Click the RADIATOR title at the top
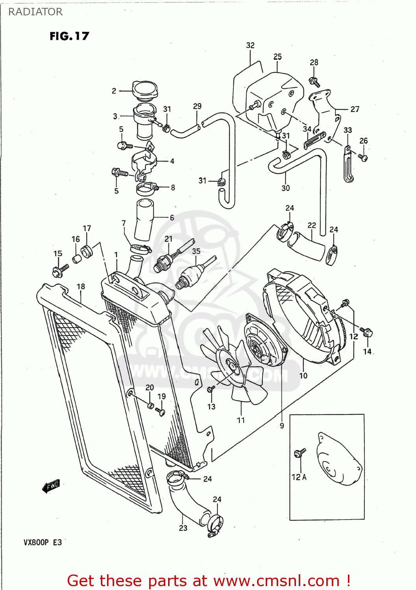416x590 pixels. [x=35, y=12]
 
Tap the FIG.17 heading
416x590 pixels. [x=69, y=36]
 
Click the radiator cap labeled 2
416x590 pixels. [x=145, y=91]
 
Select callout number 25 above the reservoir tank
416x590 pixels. [x=277, y=57]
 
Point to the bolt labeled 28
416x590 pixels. [x=314, y=82]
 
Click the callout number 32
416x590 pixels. [x=250, y=45]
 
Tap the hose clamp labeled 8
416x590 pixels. [x=146, y=189]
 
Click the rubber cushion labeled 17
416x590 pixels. [x=87, y=251]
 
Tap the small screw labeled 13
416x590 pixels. [x=211, y=389]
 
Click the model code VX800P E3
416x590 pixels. [x=43, y=542]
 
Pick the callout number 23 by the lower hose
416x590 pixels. [x=183, y=528]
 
